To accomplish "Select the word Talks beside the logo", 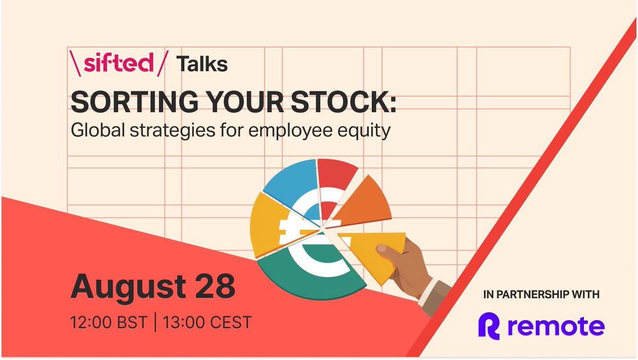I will (x=202, y=64).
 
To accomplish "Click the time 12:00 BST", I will (x=108, y=322).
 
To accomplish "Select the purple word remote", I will (x=555, y=326).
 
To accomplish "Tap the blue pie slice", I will (x=290, y=183).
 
